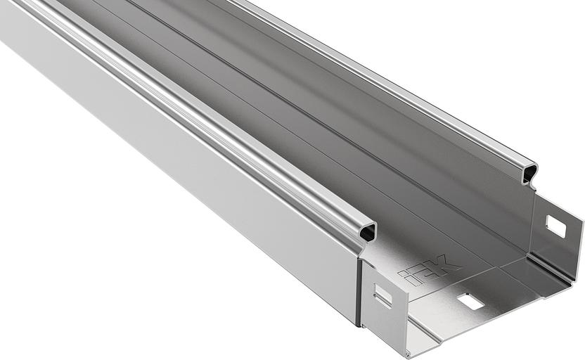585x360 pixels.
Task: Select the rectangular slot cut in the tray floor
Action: click(x=470, y=301)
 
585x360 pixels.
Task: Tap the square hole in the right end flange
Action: click(x=555, y=226)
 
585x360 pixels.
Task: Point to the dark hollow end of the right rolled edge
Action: click(x=526, y=172)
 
